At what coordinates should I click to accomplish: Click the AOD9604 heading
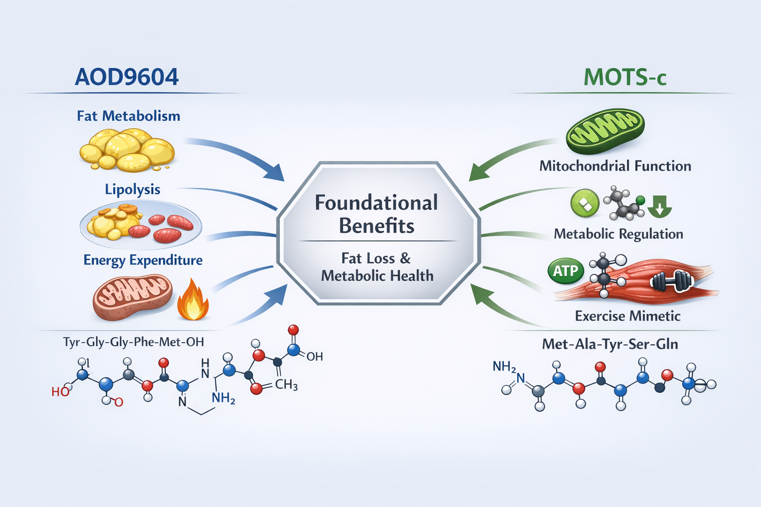127,77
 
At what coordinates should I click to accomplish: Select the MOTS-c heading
625,77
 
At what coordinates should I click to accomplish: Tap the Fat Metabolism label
128,116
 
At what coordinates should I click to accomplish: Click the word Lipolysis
132,189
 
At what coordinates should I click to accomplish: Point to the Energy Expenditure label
143,260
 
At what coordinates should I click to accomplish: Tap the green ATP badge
566,271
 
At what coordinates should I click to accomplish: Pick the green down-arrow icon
659,206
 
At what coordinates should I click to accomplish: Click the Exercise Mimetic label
627,316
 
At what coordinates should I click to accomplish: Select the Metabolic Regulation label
618,234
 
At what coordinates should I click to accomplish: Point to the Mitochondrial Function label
615,166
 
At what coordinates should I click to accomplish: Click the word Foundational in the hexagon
376,203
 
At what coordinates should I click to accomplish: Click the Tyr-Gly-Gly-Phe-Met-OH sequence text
134,342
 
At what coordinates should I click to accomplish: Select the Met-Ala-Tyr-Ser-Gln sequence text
610,344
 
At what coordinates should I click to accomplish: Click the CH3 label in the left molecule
286,385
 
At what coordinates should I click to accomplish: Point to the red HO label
60,392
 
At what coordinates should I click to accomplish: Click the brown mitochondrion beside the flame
132,298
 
